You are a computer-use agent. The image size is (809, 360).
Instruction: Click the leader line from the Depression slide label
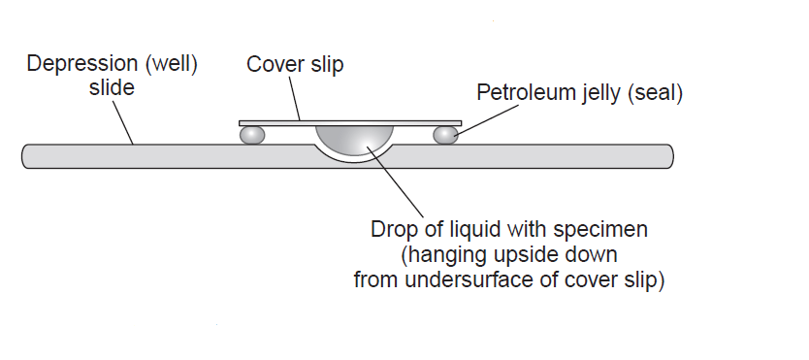point(121,122)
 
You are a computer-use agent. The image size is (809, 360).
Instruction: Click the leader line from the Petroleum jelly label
point(471,115)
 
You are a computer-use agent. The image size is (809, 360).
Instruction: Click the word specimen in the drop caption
point(599,231)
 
